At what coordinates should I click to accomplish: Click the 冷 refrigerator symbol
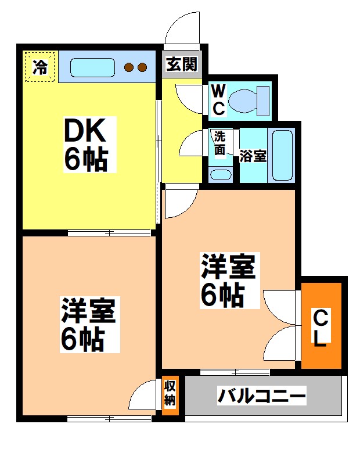tap(39, 66)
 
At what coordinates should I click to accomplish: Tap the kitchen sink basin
tap(93, 67)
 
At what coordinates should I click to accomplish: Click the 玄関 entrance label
tap(182, 64)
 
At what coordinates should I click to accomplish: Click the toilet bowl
tap(247, 100)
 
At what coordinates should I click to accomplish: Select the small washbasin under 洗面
tap(220, 174)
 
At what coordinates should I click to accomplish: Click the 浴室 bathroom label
tap(253, 156)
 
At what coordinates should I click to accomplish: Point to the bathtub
tap(283, 155)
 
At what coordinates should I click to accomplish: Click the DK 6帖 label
tap(87, 144)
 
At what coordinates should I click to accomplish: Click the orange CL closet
tap(322, 326)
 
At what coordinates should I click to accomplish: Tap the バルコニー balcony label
tap(262, 397)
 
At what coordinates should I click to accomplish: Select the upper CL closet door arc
tap(280, 305)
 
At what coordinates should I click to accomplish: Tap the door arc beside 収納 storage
tap(144, 401)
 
